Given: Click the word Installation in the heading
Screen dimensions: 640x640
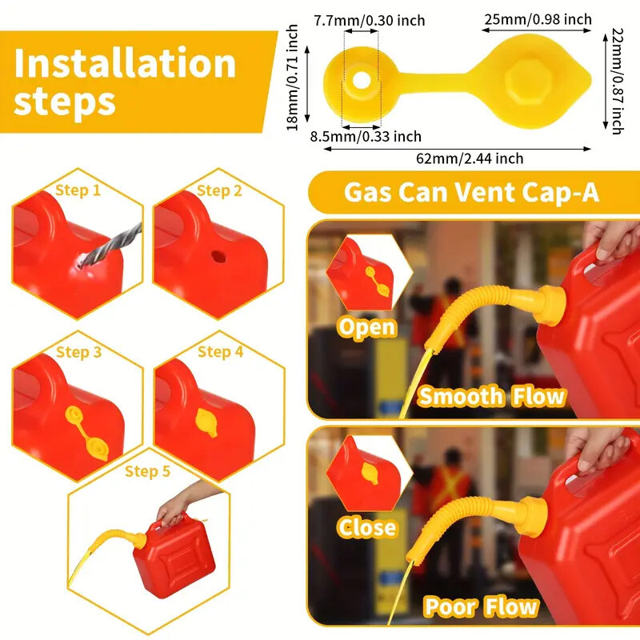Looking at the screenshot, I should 125,64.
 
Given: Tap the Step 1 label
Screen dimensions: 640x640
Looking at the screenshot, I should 78,190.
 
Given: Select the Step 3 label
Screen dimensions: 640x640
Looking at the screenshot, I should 78,352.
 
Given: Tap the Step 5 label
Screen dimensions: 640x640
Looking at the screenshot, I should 147,471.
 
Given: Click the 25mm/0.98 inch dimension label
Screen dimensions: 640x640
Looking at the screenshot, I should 537,19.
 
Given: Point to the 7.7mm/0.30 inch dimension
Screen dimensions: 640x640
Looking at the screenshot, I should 369,20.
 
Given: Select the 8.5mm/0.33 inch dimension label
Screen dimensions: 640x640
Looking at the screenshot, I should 366,137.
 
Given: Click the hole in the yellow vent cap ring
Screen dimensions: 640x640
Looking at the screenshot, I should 362,80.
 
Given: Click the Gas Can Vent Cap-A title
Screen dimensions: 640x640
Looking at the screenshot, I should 471,193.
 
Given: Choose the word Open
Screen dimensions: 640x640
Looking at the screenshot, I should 366,327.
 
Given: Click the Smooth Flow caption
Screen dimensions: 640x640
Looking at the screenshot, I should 491,396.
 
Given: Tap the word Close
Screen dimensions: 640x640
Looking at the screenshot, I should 366,527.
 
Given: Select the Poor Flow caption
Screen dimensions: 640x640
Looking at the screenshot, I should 480,606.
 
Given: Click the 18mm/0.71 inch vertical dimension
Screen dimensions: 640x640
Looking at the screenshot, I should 293,78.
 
